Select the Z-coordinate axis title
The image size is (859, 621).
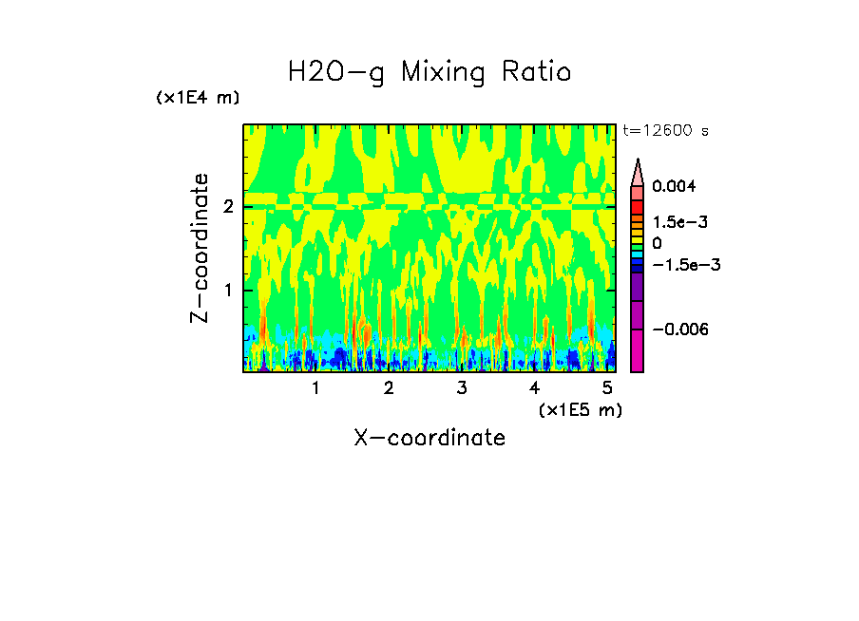200,247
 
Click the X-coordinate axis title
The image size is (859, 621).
429,438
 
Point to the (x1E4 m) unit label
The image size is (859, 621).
198,98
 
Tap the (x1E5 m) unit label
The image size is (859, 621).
580,409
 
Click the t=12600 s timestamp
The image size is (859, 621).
665,130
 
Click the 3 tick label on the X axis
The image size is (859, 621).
461,388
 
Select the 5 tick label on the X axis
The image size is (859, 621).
606,388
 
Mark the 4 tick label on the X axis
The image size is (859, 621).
534,388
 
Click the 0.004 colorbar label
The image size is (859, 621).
673,186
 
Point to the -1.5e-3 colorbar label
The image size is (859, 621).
684,265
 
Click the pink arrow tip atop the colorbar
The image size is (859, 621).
638,171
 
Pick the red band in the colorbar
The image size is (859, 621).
638,207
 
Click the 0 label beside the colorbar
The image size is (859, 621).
657,244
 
